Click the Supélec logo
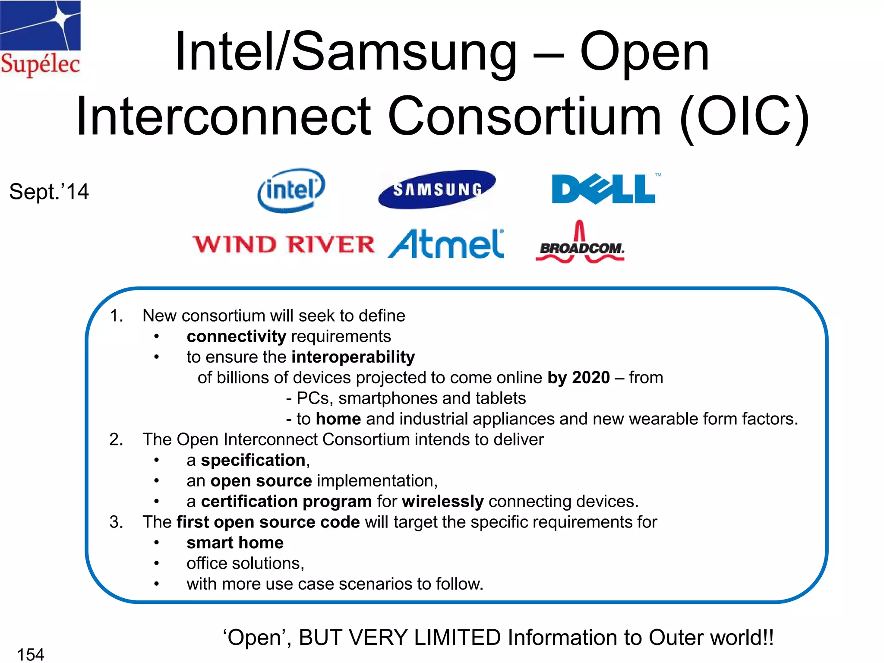point(40,39)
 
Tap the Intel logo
point(291,190)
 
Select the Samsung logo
point(437,189)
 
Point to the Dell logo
point(604,189)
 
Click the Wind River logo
point(284,244)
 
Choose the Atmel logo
point(446,244)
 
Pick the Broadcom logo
point(580,244)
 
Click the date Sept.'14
point(49,192)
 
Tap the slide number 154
point(31,654)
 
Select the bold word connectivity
point(236,337)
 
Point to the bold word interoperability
point(353,357)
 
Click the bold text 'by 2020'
point(578,378)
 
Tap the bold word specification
point(253,461)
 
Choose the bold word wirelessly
point(442,502)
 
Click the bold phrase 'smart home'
point(235,543)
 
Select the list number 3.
point(116,522)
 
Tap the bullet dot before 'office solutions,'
point(157,563)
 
